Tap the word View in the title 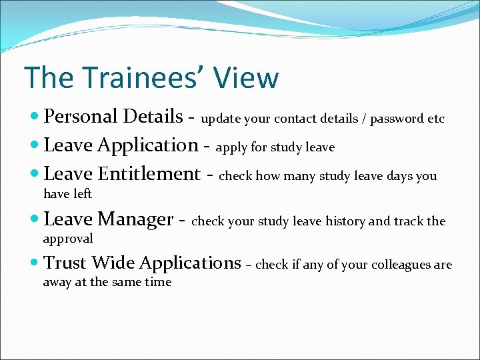(247, 78)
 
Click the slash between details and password (363, 119)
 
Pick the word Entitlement (149, 174)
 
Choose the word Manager (135, 219)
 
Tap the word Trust (65, 263)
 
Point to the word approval (68, 238)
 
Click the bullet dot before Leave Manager (35, 219)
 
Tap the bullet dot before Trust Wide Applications (35, 263)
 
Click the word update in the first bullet (221, 119)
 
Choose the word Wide (114, 263)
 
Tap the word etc (436, 119)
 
